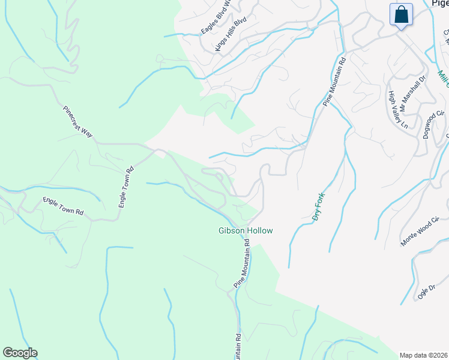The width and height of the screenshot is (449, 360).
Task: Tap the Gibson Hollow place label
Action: [x=245, y=231]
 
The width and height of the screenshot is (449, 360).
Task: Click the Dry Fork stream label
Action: [x=319, y=207]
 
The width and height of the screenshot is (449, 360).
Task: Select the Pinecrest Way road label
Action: [x=78, y=122]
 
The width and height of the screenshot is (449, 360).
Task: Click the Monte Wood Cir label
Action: [x=424, y=232]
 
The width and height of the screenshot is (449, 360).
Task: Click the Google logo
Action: [x=20, y=353]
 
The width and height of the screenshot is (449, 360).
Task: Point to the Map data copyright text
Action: [x=423, y=355]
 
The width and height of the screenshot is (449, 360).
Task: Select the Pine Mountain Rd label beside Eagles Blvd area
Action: [x=335, y=82]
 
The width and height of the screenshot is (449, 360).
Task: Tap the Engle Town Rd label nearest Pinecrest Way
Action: [x=125, y=187]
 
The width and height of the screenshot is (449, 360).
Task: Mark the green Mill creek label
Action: [x=443, y=77]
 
